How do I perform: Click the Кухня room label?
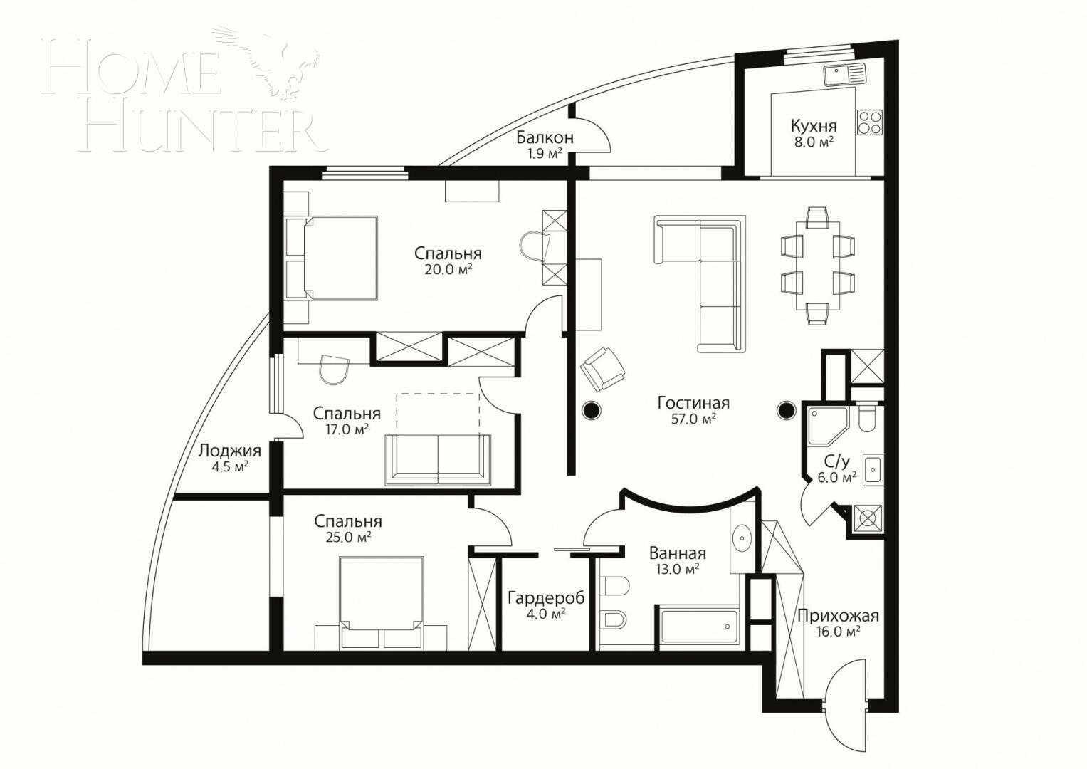click(813, 127)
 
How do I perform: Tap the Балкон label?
click(545, 137)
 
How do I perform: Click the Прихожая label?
click(838, 616)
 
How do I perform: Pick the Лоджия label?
click(229, 451)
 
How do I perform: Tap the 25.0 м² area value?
click(348, 538)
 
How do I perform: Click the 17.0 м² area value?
click(346, 429)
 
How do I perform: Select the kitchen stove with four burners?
click(869, 122)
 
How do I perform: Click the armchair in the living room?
click(602, 369)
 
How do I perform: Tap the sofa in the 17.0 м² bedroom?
click(438, 459)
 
